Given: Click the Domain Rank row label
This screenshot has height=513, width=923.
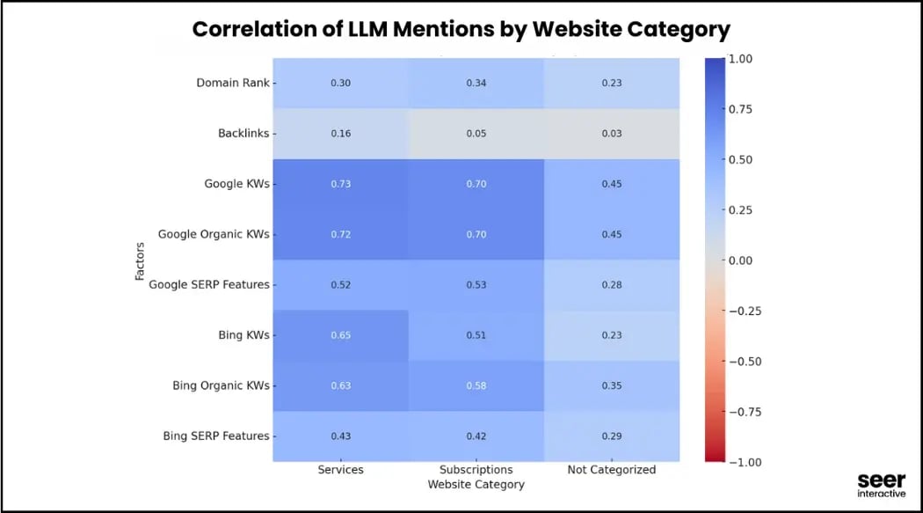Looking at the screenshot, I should pyautogui.click(x=233, y=83).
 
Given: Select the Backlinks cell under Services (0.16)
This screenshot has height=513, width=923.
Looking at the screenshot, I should pyautogui.click(x=340, y=134).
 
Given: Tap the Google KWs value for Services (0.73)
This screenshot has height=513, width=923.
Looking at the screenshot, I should pyautogui.click(x=340, y=184).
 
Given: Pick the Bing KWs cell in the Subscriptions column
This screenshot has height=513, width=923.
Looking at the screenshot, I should pyautogui.click(x=476, y=335).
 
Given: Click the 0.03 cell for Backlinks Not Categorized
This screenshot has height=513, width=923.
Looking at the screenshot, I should pyautogui.click(x=611, y=134).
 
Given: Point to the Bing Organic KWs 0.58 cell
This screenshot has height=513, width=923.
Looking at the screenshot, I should pyautogui.click(x=476, y=385).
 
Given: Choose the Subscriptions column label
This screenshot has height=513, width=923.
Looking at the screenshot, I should pyautogui.click(x=476, y=470).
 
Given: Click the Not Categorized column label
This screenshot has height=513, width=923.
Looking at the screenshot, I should pyautogui.click(x=611, y=470).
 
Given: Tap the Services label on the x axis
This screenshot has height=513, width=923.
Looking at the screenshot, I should pyautogui.click(x=340, y=470).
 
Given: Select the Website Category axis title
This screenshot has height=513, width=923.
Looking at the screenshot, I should pyautogui.click(x=476, y=484).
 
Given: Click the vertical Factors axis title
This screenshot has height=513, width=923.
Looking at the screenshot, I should pyautogui.click(x=140, y=260).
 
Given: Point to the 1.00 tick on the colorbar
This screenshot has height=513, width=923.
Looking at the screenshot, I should pyautogui.click(x=740, y=59).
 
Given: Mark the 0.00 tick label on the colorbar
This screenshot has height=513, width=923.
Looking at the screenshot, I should pyautogui.click(x=740, y=260).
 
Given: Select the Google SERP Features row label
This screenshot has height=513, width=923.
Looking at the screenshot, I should pyautogui.click(x=209, y=285).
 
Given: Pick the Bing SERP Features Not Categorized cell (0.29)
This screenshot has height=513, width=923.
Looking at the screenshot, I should pyautogui.click(x=611, y=436).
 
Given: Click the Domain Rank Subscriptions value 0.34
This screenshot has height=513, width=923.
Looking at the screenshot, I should pyautogui.click(x=476, y=83).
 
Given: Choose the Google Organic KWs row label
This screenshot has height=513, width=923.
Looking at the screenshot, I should pyautogui.click(x=214, y=235).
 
